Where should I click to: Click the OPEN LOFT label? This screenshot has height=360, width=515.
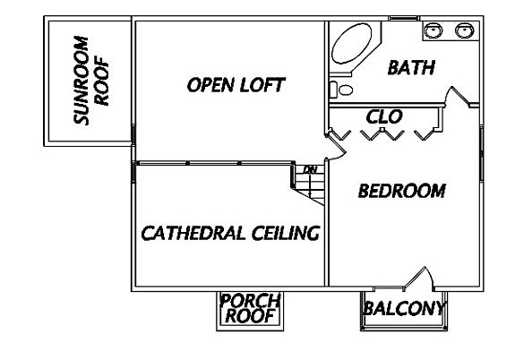(236, 85)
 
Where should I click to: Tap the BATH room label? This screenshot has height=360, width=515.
(411, 67)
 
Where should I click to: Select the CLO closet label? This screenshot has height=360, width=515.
(384, 117)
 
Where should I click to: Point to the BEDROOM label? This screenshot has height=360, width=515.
(401, 191)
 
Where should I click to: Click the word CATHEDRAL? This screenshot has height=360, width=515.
(193, 233)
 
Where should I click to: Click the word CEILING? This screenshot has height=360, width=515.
(286, 233)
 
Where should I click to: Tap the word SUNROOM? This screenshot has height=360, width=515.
(82, 81)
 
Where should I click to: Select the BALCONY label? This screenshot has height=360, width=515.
(404, 308)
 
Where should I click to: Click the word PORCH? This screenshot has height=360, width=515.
(250, 301)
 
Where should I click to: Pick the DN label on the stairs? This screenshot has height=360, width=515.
(310, 170)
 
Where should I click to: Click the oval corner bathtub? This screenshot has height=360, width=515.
(351, 43)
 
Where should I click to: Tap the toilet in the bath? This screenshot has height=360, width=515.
(341, 90)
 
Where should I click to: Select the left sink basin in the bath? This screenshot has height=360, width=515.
(433, 30)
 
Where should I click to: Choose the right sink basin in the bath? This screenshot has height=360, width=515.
(464, 30)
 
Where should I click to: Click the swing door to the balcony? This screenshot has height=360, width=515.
(419, 279)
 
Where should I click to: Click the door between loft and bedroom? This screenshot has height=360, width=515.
(336, 147)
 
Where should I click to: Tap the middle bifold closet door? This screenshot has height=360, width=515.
(382, 134)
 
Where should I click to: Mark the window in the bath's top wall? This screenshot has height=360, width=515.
(404, 18)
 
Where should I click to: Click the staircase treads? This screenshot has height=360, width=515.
(310, 185)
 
